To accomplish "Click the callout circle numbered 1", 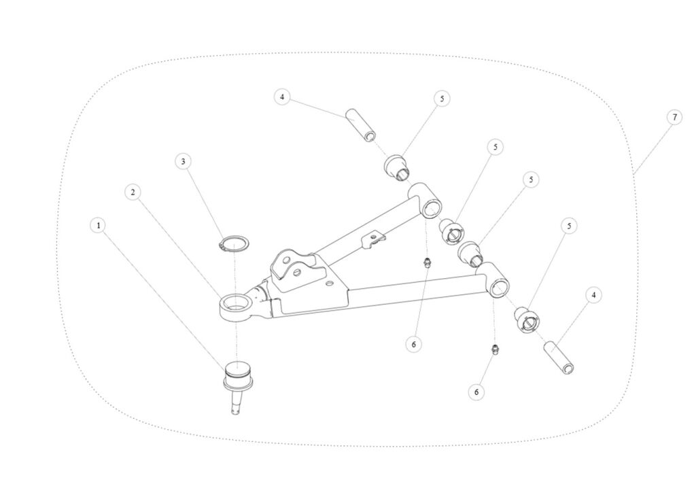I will [99, 224].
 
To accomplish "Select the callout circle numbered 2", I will [133, 192].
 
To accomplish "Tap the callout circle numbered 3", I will [182, 161].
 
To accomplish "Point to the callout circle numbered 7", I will [674, 117].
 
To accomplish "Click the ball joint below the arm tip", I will [238, 377].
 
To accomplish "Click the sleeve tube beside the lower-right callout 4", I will [559, 358].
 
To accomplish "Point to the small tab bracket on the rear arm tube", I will [374, 239].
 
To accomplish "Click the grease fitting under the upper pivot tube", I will [428, 262].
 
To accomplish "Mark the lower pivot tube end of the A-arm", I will [493, 281].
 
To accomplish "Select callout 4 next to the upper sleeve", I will [283, 97].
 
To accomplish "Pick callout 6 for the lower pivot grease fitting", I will [476, 392].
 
